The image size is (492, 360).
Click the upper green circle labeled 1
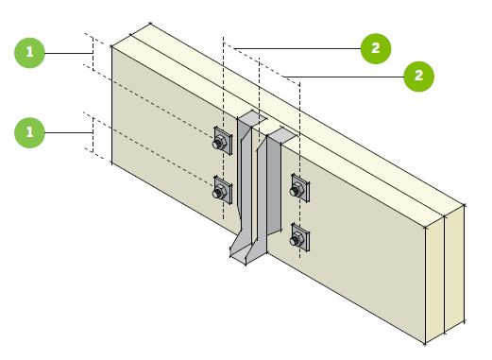(x=29, y=53)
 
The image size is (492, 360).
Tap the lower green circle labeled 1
(x=29, y=132)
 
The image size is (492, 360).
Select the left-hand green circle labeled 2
(x=376, y=48)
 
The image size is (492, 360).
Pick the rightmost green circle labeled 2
(x=418, y=77)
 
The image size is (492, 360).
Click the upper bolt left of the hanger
(x=220, y=142)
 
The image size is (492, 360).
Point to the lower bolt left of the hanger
(x=220, y=191)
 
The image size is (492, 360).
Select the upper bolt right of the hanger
(x=297, y=189)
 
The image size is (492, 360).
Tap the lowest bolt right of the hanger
(x=297, y=238)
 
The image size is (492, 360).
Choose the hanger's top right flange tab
(x=282, y=135)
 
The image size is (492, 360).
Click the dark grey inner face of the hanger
(x=274, y=186)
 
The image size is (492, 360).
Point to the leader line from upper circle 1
(x=69, y=53)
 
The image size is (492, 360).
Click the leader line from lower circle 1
(x=69, y=132)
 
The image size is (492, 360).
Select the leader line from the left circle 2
(x=297, y=48)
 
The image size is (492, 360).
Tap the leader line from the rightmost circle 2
(x=344, y=77)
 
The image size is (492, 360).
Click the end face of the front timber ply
(x=434, y=280)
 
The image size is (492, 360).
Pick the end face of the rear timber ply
(x=454, y=268)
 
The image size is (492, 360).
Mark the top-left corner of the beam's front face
(x=111, y=46)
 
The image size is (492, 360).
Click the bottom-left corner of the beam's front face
(x=111, y=163)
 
